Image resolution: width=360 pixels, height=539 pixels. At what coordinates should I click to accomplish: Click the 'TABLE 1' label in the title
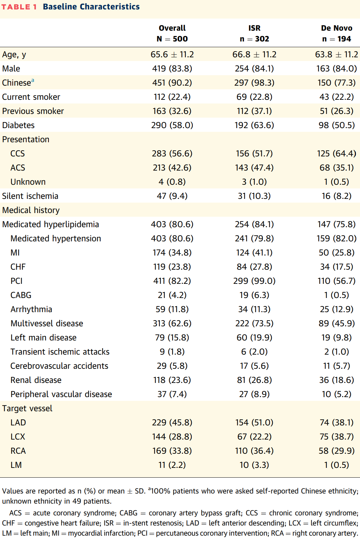pyautogui.click(x=19, y=7)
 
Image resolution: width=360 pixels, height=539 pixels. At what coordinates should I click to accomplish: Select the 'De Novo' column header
pyautogui.click(x=336, y=28)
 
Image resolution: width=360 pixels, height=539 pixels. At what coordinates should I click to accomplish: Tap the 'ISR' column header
pyautogui.click(x=254, y=28)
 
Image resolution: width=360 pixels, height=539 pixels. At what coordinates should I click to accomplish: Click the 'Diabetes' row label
pyautogui.click(x=18, y=125)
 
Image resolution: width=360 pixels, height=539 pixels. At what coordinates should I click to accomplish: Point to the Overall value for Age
pyautogui.click(x=172, y=54)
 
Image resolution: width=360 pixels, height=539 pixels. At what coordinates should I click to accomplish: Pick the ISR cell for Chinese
pyautogui.click(x=254, y=83)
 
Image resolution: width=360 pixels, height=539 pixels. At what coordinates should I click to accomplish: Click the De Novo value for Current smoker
pyautogui.click(x=336, y=97)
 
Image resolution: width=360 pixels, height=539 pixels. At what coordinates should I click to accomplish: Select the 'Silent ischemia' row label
pyautogui.click(x=30, y=196)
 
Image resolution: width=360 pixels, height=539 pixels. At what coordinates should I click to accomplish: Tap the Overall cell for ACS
pyautogui.click(x=172, y=168)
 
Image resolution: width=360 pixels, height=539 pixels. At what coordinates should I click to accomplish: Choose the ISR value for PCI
pyautogui.click(x=254, y=281)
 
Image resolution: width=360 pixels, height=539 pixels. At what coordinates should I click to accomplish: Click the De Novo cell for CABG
pyautogui.click(x=336, y=295)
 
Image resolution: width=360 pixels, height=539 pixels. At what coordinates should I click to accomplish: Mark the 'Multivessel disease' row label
pyautogui.click(x=47, y=323)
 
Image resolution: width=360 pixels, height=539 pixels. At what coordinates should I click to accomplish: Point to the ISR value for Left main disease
pyautogui.click(x=254, y=338)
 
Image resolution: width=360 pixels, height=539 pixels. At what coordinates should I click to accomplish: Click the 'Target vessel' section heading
pyautogui.click(x=27, y=408)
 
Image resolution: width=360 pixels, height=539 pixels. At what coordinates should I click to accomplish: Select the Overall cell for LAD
pyautogui.click(x=172, y=423)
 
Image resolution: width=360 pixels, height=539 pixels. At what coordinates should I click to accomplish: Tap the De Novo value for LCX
pyautogui.click(x=336, y=437)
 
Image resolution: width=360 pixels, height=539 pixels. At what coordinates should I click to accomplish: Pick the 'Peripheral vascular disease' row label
pyautogui.click(x=61, y=394)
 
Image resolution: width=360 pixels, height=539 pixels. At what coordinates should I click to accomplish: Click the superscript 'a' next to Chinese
pyautogui.click(x=33, y=80)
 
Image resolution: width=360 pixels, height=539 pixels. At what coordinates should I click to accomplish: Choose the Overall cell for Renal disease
pyautogui.click(x=172, y=380)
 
